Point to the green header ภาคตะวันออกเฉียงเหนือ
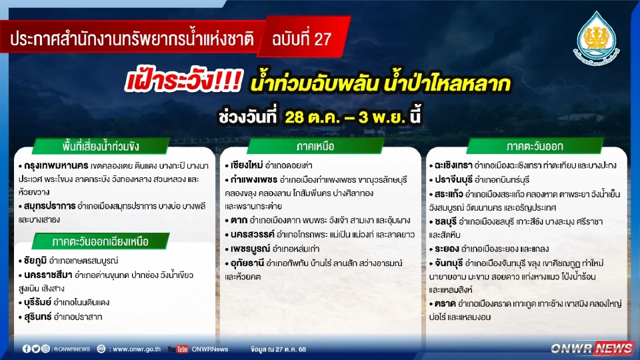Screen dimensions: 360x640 click(x=101, y=241)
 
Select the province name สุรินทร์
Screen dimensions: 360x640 click(x=40, y=317)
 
